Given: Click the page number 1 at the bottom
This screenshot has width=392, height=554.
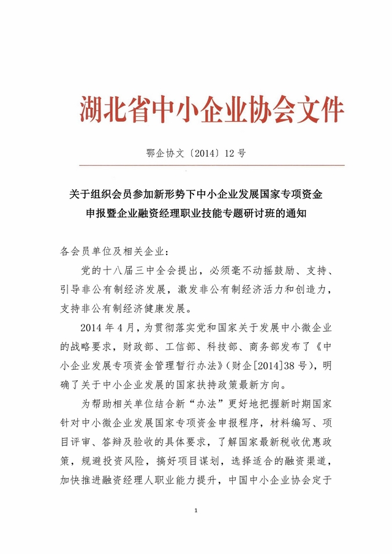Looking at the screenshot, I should point(195,510).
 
